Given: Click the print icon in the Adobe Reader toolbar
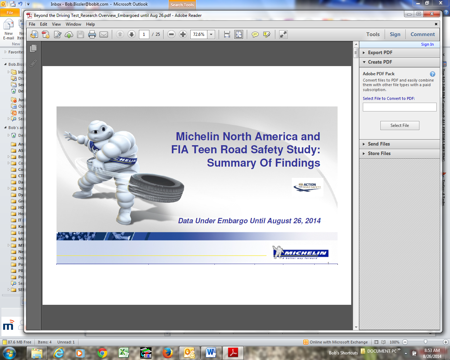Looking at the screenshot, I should point(92,34).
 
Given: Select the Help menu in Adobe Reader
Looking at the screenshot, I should point(90,24).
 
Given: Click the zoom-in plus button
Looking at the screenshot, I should point(183,34).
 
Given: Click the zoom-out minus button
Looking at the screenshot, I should point(171,34).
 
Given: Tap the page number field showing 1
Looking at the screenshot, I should point(144,34).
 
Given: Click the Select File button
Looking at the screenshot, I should point(400,126).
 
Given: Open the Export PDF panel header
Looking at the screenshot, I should point(380,52).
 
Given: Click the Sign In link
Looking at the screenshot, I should point(427,44).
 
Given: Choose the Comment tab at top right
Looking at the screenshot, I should point(423,34).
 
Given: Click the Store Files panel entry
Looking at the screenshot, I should point(379,153).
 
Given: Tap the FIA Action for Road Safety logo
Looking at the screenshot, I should point(308,186).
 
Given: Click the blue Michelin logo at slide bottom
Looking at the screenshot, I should point(301,252).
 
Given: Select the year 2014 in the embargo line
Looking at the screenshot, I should point(313,221).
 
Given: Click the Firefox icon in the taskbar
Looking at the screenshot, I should point(168,353).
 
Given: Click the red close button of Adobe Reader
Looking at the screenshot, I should point(432,14).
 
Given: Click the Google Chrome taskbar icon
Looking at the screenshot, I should point(102,353).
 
